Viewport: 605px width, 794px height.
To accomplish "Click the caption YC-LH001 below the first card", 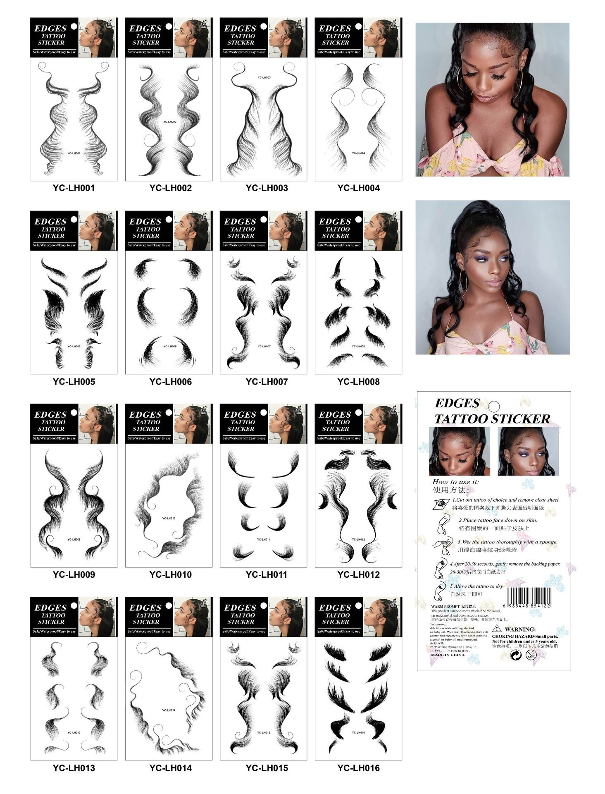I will (74, 188).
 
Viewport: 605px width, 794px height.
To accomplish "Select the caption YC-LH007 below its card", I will (267, 382).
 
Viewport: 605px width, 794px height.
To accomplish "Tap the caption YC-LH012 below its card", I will (358, 574).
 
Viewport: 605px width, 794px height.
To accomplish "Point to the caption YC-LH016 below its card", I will (358, 768).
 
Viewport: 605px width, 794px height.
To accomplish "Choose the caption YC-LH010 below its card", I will (170, 574).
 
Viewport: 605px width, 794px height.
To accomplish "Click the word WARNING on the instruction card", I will (520, 629).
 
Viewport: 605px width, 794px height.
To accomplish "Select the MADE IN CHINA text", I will (447, 655).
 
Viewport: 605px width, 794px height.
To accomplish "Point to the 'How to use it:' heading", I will (455, 482).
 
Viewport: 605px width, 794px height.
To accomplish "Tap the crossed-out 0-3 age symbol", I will (531, 655).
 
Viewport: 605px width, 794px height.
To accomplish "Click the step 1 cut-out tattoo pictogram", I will (441, 504).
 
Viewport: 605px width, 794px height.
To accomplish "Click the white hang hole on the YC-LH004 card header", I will (358, 26).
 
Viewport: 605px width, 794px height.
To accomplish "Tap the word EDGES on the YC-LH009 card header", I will (50, 414).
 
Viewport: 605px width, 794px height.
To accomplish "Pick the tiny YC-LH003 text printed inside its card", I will (264, 77).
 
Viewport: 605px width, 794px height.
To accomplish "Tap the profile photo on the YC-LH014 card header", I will (192, 617).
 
